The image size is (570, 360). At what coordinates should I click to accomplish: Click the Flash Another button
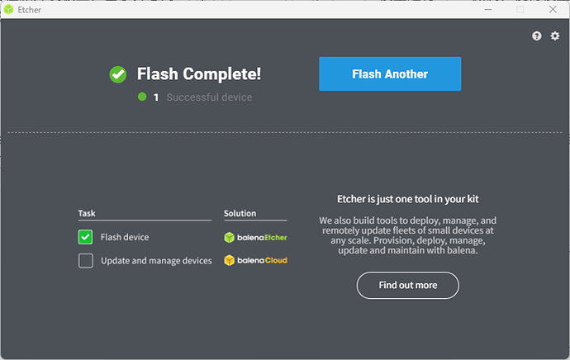tap(390, 74)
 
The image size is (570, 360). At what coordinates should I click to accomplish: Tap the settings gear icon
tap(555, 36)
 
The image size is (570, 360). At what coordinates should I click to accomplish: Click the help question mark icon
tap(537, 36)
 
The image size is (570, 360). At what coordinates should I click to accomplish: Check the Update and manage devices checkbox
tap(86, 261)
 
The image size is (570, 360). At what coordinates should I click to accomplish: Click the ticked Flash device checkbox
tap(86, 237)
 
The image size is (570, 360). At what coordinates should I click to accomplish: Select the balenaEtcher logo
tap(256, 237)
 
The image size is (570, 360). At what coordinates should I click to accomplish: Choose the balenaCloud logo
tap(256, 261)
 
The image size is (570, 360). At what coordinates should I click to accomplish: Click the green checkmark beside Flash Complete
tap(118, 74)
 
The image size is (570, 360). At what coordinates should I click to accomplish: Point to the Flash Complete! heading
tap(199, 74)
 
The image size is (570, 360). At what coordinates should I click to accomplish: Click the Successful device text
tap(209, 97)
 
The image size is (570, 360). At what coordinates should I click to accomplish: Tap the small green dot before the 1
tap(142, 97)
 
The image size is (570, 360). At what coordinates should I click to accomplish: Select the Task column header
tap(87, 213)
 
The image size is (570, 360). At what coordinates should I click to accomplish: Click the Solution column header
tap(240, 213)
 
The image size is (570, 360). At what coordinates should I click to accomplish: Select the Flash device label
tap(125, 237)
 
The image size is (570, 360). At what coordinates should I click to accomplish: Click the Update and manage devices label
tap(156, 261)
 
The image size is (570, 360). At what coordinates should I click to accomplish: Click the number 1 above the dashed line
tap(155, 97)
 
